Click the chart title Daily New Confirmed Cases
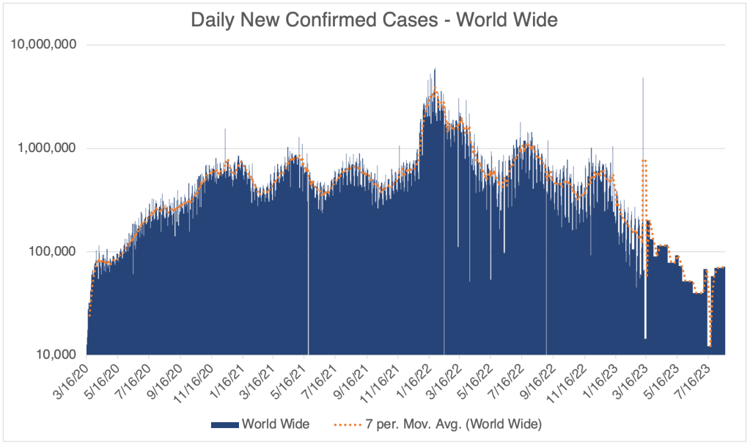click(374, 20)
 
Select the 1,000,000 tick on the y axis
click(45, 148)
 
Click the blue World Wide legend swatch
click(224, 424)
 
